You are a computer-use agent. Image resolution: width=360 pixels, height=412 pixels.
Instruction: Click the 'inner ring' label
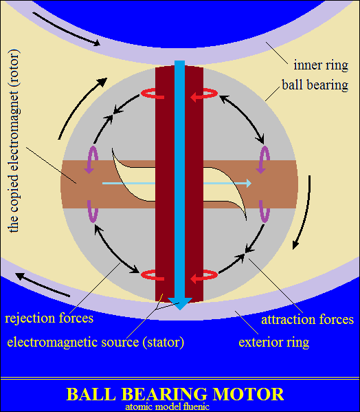(321, 65)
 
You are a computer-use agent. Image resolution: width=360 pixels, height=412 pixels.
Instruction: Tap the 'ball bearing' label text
(315, 85)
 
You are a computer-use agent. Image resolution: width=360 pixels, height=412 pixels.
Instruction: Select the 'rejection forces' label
(49, 318)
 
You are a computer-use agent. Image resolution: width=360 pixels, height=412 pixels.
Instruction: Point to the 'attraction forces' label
(308, 320)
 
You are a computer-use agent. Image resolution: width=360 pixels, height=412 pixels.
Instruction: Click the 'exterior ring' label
(274, 343)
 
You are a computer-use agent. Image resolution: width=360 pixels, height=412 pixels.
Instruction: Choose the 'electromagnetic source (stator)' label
(95, 342)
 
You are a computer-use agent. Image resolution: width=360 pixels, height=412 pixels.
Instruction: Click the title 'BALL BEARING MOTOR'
(175, 394)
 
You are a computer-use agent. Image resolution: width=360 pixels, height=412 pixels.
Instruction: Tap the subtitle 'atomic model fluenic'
(167, 406)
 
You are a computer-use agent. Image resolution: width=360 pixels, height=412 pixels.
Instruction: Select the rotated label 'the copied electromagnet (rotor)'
(14, 141)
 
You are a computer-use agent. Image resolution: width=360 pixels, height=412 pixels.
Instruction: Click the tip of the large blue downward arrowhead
(180, 310)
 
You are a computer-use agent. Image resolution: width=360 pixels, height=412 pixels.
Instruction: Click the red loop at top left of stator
(153, 94)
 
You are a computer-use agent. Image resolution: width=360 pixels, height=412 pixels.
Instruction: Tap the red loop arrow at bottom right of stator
(204, 276)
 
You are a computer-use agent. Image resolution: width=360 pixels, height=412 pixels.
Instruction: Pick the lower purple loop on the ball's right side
(265, 212)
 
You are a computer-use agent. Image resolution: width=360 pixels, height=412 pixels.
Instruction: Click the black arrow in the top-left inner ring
(66, 29)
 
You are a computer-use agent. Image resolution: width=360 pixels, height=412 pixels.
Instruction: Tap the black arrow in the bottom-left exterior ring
(43, 285)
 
